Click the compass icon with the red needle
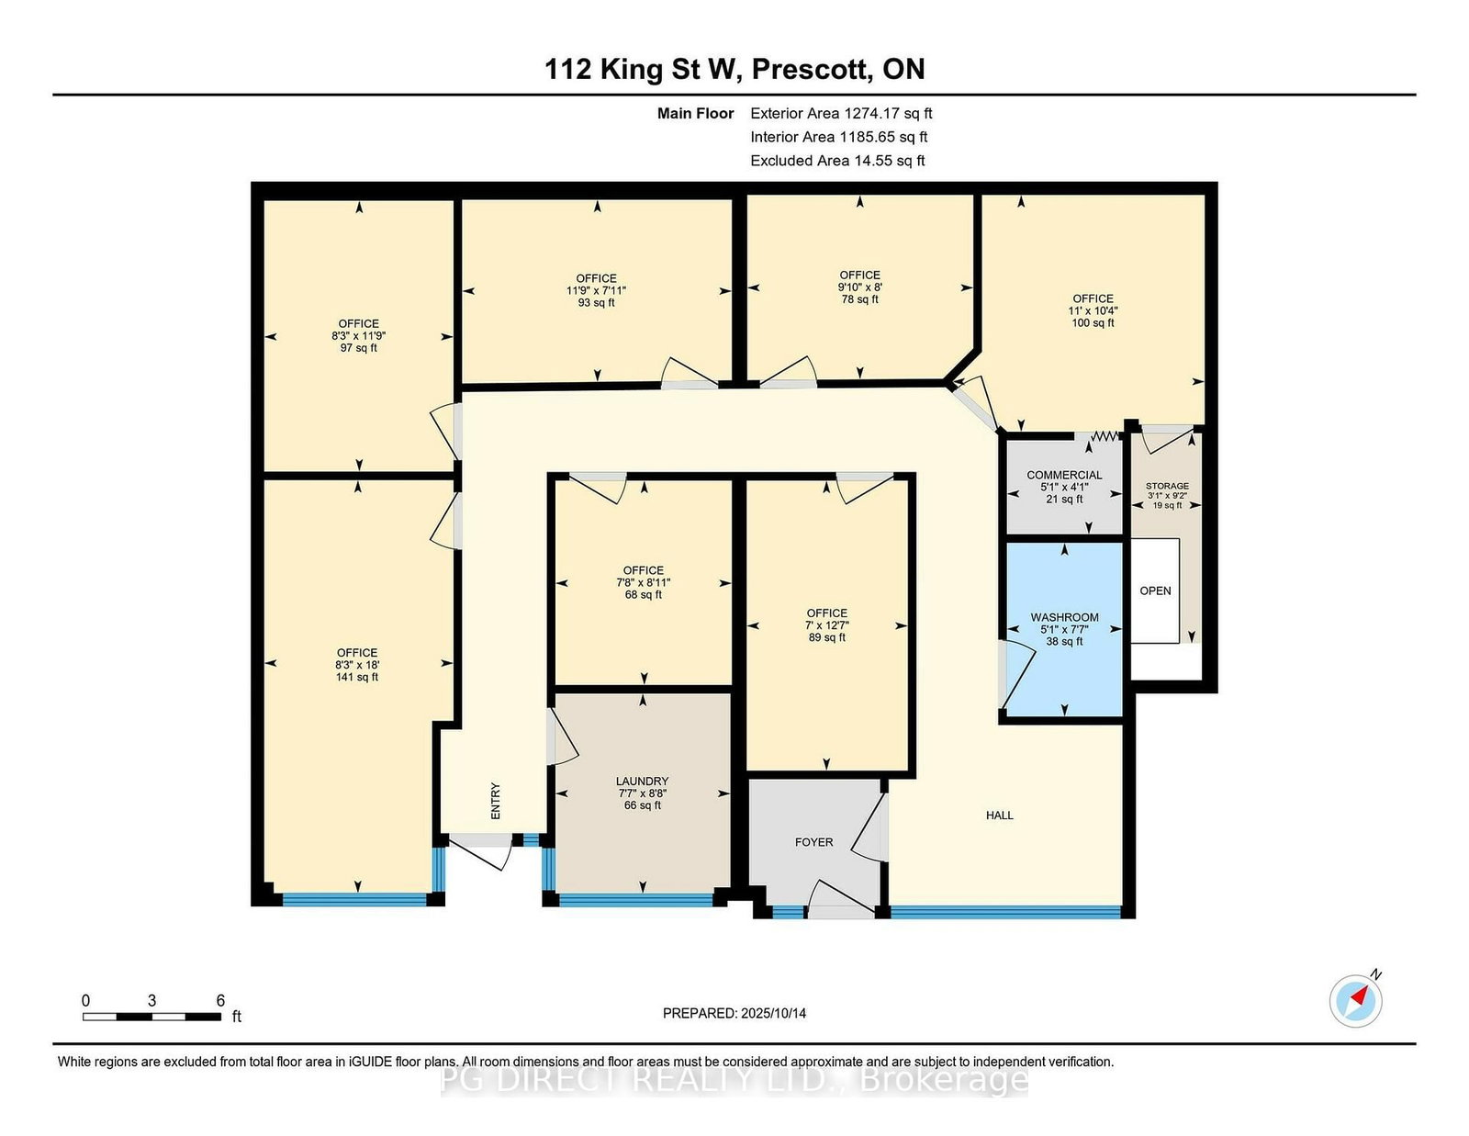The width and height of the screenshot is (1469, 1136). pos(1355,1001)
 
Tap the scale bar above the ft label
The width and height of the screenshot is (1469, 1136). pos(152,1017)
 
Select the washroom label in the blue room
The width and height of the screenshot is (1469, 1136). pos(1064,617)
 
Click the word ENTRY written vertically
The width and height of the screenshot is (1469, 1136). pos(496,802)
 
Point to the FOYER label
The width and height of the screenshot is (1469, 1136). pos(814,842)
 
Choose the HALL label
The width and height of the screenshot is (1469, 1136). pos(999,815)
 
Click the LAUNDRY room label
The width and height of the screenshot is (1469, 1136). pos(642,781)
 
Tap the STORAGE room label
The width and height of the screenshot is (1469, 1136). pos(1167,486)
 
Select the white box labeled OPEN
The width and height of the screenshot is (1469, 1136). pos(1155,590)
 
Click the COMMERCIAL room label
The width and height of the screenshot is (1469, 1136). pos(1064,476)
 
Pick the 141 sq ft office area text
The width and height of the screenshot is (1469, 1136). pos(357,677)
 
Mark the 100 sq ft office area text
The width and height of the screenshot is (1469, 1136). pos(1093,322)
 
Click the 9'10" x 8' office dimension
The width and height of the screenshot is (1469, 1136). pos(860,287)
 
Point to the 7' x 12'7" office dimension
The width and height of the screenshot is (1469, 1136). pos(827,625)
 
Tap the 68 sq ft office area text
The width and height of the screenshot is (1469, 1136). pos(643,594)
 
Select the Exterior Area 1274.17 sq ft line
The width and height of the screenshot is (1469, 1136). pos(841,114)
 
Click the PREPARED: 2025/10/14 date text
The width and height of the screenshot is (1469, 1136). pos(734,1013)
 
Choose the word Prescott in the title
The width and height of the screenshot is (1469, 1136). pos(811,70)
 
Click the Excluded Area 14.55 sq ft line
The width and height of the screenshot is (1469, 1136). pos(837,161)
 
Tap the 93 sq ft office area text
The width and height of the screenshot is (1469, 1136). pos(596,302)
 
